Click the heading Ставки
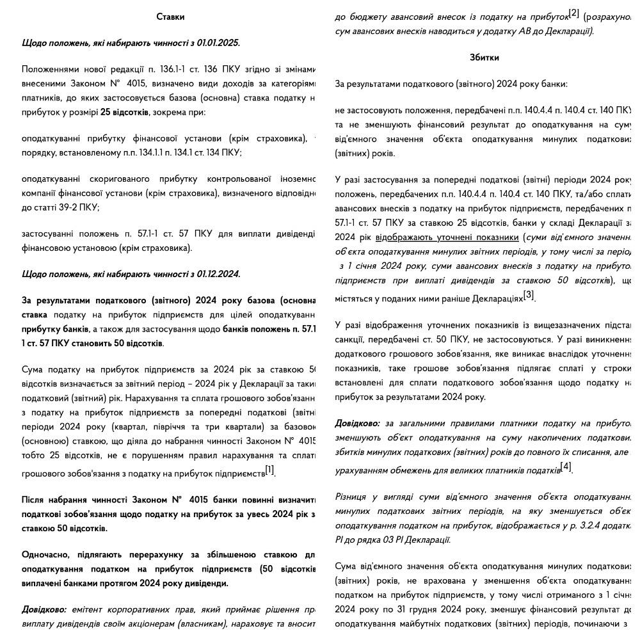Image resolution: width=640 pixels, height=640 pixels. coord(170,17)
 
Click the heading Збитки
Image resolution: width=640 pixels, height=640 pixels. coord(484,58)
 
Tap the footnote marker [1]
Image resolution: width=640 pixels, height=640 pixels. coord(269,470)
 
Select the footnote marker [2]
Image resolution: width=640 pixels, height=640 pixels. coord(573,13)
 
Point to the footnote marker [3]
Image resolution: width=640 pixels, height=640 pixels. coord(529,295)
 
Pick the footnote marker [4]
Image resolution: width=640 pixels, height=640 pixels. coord(566,467)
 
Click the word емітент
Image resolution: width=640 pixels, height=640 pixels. coord(88,610)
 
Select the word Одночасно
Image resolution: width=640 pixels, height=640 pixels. coord(48,555)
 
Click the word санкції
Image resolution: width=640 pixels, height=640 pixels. coord(351,340)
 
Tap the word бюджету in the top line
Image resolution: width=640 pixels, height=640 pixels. coord(368,17)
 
